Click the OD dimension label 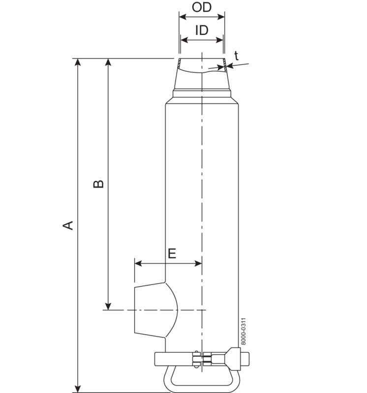tap(202, 9)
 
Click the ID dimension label tap(202, 30)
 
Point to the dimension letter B tap(99, 184)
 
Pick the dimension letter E tap(172, 253)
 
